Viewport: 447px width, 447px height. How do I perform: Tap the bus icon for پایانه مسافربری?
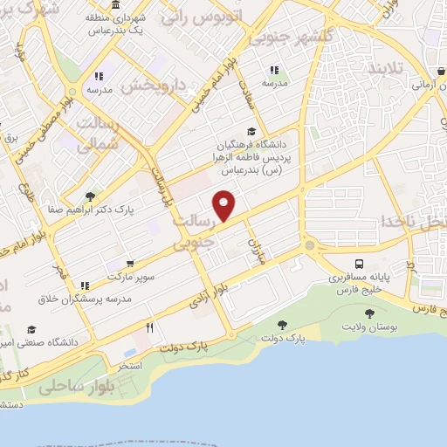(x=359, y=264)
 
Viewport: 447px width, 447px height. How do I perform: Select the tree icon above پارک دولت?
(x=281, y=325)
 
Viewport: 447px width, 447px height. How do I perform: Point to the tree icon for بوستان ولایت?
(x=369, y=313)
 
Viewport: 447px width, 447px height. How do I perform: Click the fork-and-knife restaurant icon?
(x=149, y=328)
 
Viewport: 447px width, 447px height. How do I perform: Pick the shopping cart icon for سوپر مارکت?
(x=130, y=263)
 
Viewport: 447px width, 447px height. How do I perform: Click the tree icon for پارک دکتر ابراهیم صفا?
(x=91, y=196)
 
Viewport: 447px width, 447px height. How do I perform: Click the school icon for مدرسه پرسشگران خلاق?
(x=85, y=285)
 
